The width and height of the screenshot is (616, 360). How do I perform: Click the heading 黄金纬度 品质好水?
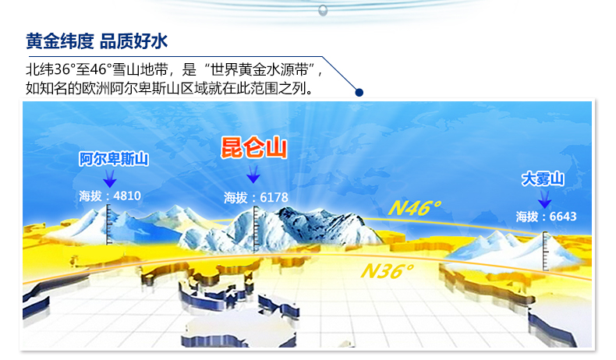[97, 41]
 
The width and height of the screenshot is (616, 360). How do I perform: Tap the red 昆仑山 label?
[253, 148]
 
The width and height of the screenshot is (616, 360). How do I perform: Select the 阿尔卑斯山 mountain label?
[114, 159]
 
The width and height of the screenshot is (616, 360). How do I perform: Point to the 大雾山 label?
[543, 178]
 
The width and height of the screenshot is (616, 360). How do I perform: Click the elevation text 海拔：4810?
[110, 196]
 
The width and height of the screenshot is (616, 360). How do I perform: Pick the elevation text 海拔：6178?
[256, 197]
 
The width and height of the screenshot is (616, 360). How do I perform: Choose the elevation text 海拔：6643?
[546, 217]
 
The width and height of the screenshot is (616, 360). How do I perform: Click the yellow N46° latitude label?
[415, 208]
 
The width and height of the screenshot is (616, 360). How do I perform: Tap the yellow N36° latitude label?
[387, 271]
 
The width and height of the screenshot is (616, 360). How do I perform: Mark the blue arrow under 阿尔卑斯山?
[110, 178]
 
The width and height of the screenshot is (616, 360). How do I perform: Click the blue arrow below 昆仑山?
[253, 174]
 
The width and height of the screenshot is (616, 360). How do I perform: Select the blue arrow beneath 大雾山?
[544, 199]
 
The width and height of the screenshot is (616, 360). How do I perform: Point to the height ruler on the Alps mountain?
[109, 224]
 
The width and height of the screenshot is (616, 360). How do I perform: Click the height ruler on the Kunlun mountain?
[256, 229]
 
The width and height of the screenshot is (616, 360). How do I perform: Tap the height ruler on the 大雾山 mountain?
[545, 251]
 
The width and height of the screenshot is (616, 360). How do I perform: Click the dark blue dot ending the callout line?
[359, 92]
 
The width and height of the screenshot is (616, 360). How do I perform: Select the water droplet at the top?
[323, 10]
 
